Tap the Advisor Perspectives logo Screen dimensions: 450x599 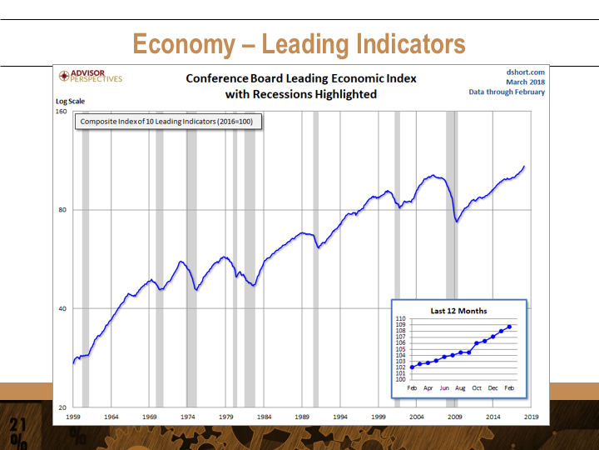pos(91,77)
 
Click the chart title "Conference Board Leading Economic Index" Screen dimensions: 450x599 pos(300,78)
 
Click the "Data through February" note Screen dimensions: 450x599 pos(507,92)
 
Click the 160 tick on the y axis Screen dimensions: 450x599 pos(62,110)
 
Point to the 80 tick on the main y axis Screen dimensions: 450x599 pos(63,209)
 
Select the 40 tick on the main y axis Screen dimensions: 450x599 pos(63,308)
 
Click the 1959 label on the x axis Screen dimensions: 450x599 pos(73,415)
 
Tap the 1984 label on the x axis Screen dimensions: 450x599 pos(265,415)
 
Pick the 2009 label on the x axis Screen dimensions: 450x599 pos(455,415)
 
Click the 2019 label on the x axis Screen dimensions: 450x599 pos(532,415)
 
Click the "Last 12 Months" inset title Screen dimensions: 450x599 pos(459,311)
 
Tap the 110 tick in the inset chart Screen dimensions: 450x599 pos(401,319)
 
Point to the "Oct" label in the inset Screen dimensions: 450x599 pos(477,388)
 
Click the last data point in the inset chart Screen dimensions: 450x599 pos(509,327)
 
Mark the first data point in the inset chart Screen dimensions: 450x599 pos(412,367)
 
